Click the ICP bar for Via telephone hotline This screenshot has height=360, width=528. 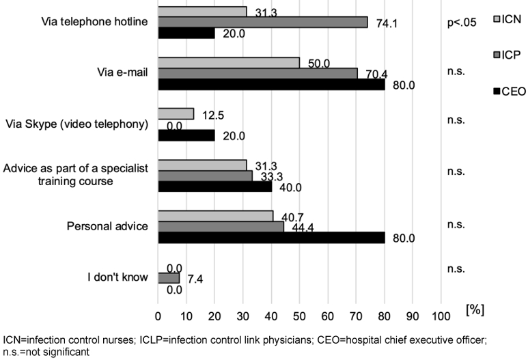tap(263, 22)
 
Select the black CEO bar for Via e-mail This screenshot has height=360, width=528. tap(271, 85)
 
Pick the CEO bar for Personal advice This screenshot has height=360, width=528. tap(271, 238)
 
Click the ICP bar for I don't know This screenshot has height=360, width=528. tap(169, 278)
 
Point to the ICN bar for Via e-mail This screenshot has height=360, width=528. tap(229, 63)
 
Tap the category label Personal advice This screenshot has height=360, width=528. tap(110, 226)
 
